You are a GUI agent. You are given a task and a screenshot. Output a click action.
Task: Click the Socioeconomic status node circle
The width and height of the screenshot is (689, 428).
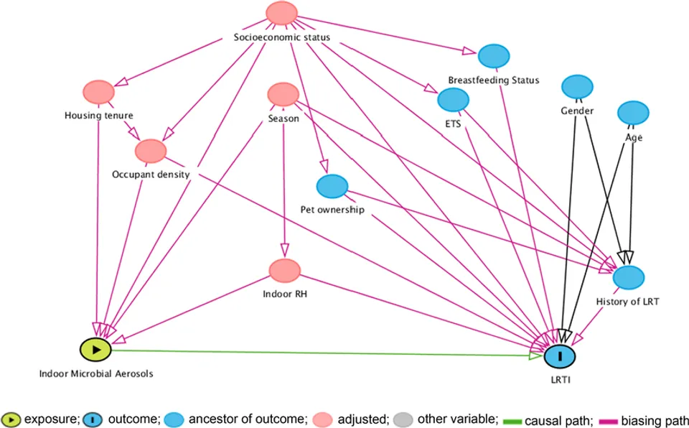pos(281,13)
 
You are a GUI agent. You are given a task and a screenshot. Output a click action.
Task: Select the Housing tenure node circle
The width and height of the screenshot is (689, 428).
pos(99,93)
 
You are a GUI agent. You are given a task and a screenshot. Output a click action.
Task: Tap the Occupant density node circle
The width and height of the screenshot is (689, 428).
pos(151,151)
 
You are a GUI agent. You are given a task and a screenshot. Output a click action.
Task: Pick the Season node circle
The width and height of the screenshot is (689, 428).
pos(283,95)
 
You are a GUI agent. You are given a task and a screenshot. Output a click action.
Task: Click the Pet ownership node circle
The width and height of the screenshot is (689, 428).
pos(332,187)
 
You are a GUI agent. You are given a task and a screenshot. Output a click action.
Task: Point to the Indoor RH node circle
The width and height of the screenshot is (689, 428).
pos(285,271)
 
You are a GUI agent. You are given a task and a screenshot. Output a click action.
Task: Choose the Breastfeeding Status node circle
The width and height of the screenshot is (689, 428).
pos(494,56)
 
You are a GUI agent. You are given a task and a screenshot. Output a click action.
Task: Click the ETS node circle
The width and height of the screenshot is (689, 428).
pos(453,99)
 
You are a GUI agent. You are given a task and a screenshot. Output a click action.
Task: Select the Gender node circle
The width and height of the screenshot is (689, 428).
pos(577,87)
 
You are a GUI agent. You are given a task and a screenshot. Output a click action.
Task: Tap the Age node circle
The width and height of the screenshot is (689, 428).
pos(633,113)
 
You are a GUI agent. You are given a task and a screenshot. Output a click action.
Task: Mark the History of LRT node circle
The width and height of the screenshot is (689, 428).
pos(629,278)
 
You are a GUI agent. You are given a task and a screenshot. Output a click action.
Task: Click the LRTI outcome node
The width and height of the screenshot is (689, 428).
pos(560,356)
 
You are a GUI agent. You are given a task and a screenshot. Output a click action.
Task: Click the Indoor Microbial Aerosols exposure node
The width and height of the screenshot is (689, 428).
pos(95,350)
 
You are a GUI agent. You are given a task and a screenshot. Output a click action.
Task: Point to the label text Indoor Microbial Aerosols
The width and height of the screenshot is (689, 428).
pos(96,374)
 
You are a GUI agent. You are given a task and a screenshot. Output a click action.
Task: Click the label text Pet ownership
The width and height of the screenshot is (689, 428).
pos(332,210)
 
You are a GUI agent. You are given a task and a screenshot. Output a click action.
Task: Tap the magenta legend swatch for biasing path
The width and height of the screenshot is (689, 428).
pos(609,422)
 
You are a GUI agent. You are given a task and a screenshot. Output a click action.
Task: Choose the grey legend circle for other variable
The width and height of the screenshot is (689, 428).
pos(403,419)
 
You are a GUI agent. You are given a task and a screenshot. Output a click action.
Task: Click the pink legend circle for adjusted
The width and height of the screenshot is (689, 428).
pos(322,419)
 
